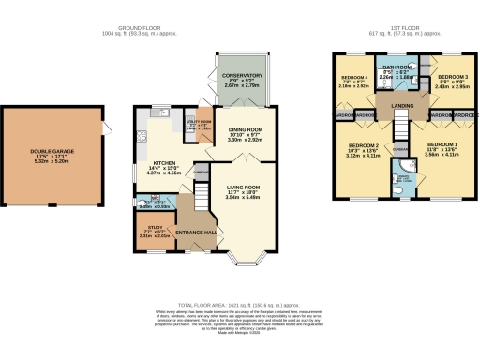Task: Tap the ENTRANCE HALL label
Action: (197, 231)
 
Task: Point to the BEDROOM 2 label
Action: (363, 146)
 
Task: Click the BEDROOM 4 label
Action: (354, 77)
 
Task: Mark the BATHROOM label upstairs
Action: (404, 67)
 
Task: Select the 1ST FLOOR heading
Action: (404, 29)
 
